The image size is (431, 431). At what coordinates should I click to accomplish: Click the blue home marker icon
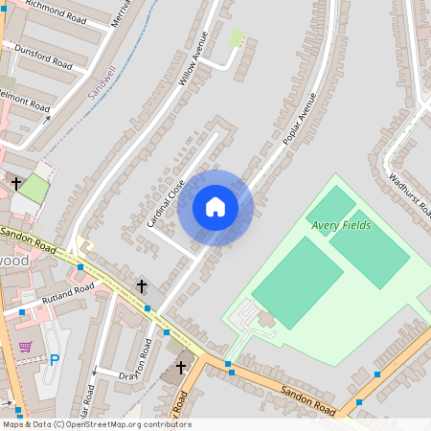click(x=215, y=207)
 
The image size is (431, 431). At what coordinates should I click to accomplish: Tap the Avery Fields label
click(x=340, y=226)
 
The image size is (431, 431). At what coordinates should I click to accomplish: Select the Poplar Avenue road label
click(x=299, y=119)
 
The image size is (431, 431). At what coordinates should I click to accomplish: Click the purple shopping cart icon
click(x=26, y=347)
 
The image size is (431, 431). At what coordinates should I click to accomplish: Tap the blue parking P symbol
click(x=54, y=360)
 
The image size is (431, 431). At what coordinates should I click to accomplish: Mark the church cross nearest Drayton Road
click(x=179, y=367)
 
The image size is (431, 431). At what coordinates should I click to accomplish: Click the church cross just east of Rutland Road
click(x=142, y=285)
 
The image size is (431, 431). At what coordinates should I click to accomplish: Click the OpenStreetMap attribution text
click(x=97, y=424)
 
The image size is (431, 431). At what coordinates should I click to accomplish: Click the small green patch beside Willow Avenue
click(x=237, y=37)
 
